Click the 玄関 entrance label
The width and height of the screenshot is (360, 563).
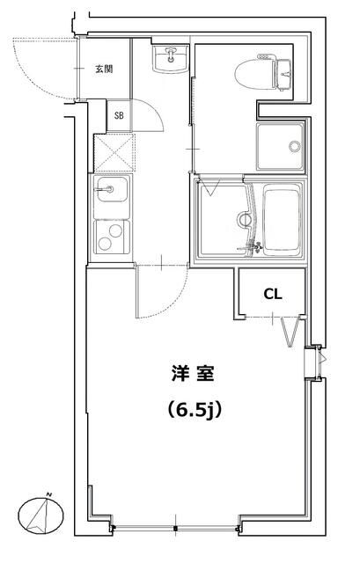tap(103, 69)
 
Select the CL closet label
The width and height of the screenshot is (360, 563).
tap(273, 295)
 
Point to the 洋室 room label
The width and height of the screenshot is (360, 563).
tap(190, 374)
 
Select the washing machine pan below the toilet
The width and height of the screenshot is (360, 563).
tap(280, 146)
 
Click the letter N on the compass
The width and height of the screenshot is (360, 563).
tap(51, 494)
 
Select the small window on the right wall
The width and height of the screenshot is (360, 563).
tap(313, 362)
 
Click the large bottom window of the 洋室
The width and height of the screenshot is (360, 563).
tap(176, 528)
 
